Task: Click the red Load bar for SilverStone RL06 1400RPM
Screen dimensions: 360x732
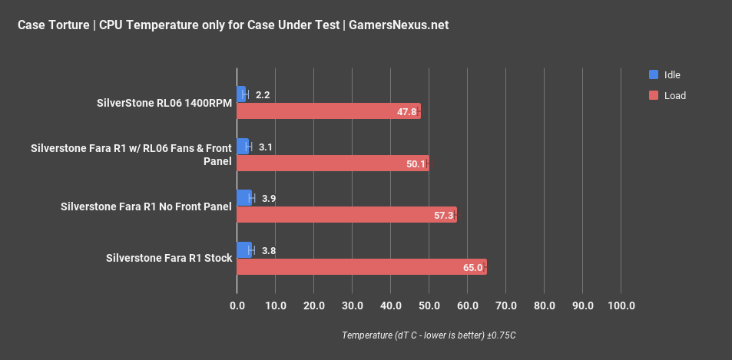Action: [328, 111]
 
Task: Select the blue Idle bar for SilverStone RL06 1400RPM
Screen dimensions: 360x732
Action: [241, 94]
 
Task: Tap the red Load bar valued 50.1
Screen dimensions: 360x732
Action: [332, 163]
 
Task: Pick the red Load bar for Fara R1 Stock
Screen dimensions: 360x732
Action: [361, 267]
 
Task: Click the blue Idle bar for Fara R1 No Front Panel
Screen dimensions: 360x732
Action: [244, 198]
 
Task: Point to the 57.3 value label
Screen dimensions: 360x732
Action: [444, 216]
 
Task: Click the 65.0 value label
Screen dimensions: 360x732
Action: [473, 268]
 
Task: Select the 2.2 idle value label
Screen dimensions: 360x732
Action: [263, 95]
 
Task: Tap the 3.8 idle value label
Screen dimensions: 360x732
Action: [269, 250]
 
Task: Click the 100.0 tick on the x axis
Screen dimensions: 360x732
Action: [621, 306]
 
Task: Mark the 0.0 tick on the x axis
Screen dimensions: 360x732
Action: [237, 306]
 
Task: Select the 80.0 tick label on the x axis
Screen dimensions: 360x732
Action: [544, 306]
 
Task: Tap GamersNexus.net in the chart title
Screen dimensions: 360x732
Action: [399, 25]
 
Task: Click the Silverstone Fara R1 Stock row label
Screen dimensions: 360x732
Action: [169, 258]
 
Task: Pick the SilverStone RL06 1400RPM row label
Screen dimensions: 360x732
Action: [164, 102]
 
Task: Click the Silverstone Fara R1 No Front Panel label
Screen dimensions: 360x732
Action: [146, 206]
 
